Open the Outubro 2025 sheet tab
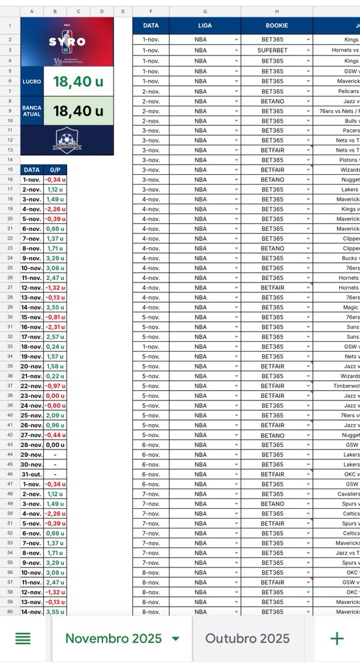(247, 638)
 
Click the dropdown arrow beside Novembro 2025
(175, 639)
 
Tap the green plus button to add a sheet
(337, 638)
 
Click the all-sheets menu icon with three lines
(23, 638)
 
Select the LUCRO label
(31, 82)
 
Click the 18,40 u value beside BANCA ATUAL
(78, 111)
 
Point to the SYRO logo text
(67, 42)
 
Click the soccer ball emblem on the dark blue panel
(67, 139)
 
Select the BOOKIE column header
(277, 25)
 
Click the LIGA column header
(205, 25)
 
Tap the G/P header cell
(55, 170)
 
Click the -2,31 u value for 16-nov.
(55, 327)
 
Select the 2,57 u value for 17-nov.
(55, 337)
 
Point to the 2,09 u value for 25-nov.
(55, 416)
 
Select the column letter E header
(123, 12)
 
